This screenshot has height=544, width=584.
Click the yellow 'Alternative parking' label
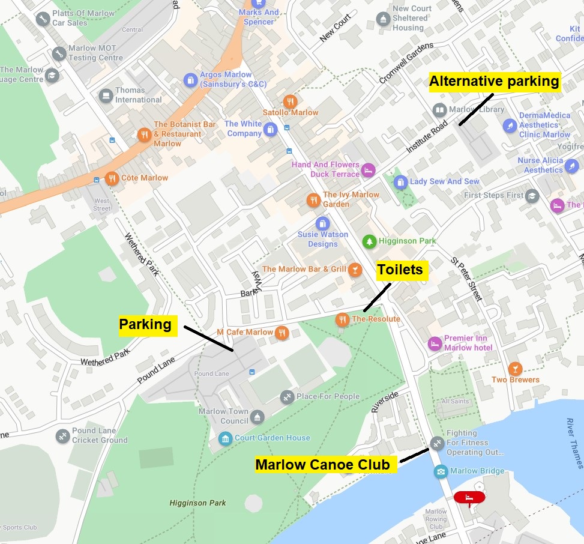[494, 81]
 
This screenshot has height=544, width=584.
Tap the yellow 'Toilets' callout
[400, 270]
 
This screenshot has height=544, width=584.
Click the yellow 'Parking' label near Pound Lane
[145, 325]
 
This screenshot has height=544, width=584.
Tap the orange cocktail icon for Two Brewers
[514, 368]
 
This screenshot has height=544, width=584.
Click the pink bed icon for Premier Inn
[435, 343]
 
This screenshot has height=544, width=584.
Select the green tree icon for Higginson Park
[370, 241]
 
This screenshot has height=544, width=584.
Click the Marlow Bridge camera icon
[441, 471]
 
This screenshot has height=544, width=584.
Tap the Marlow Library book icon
[439, 110]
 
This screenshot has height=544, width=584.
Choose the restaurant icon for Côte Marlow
[112, 178]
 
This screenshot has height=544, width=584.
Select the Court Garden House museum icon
[225, 438]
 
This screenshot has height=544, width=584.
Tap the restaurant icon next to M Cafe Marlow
[282, 333]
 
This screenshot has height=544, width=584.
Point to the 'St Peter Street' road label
[467, 279]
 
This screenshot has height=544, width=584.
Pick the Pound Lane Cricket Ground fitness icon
[62, 435]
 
